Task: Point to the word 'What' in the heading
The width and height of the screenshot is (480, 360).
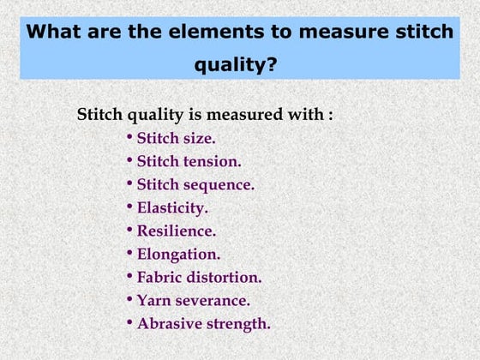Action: pos(55,33)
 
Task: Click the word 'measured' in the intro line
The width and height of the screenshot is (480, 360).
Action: pos(252,114)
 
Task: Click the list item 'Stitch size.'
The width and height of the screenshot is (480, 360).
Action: pos(176,138)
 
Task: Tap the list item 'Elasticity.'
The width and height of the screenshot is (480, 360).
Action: pos(172,207)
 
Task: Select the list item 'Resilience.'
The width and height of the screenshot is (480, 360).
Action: pos(177,231)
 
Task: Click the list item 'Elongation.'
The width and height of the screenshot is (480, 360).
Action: pos(178,255)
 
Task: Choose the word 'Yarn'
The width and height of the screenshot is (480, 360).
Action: pos(154,301)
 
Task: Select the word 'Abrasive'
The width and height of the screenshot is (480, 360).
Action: pos(167,324)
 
